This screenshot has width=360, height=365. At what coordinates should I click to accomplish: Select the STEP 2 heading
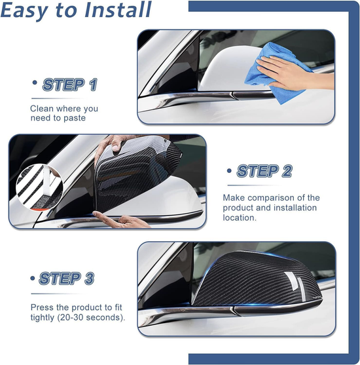[264, 172]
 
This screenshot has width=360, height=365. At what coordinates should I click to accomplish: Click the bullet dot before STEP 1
[34, 83]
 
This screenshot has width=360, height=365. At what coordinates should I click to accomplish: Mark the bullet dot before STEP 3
[33, 277]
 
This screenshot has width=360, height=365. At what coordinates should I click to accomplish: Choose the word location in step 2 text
[240, 218]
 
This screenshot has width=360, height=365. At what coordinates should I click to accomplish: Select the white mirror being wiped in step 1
[223, 72]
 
